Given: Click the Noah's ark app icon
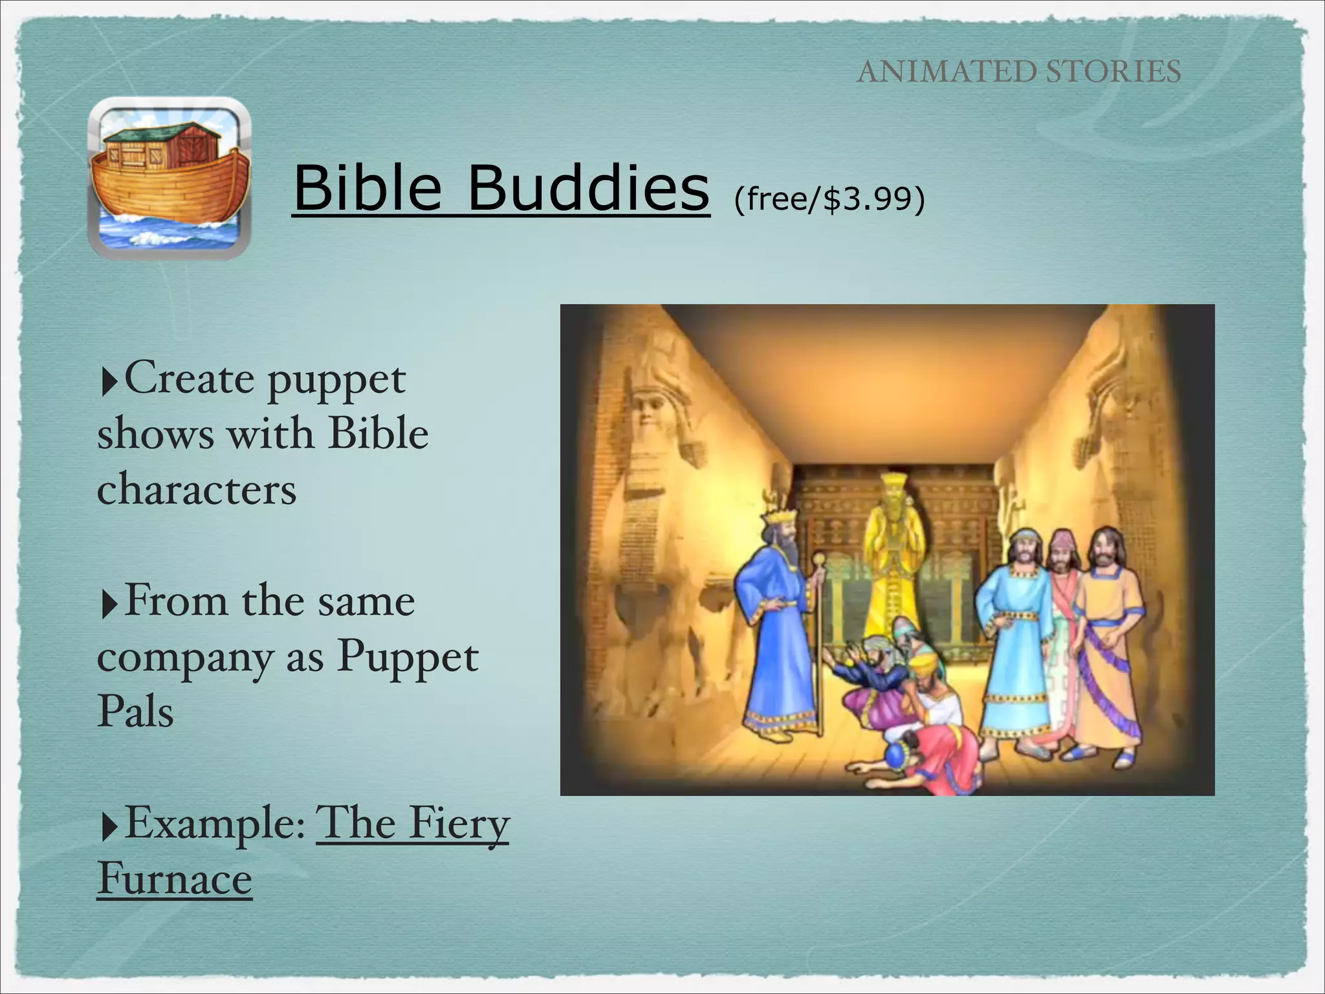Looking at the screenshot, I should pos(169,178).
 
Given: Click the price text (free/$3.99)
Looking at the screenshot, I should pos(829,199).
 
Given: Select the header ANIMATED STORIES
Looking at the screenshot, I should pos(1019,71).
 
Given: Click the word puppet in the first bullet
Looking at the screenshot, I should pos(336,380).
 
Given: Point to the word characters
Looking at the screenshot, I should pos(197,489).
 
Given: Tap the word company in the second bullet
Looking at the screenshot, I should pos(186,659).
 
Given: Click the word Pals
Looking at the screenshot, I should pos(135,712).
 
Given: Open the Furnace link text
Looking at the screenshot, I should pos(175,879).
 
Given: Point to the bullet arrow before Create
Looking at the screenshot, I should pos(109,382).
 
